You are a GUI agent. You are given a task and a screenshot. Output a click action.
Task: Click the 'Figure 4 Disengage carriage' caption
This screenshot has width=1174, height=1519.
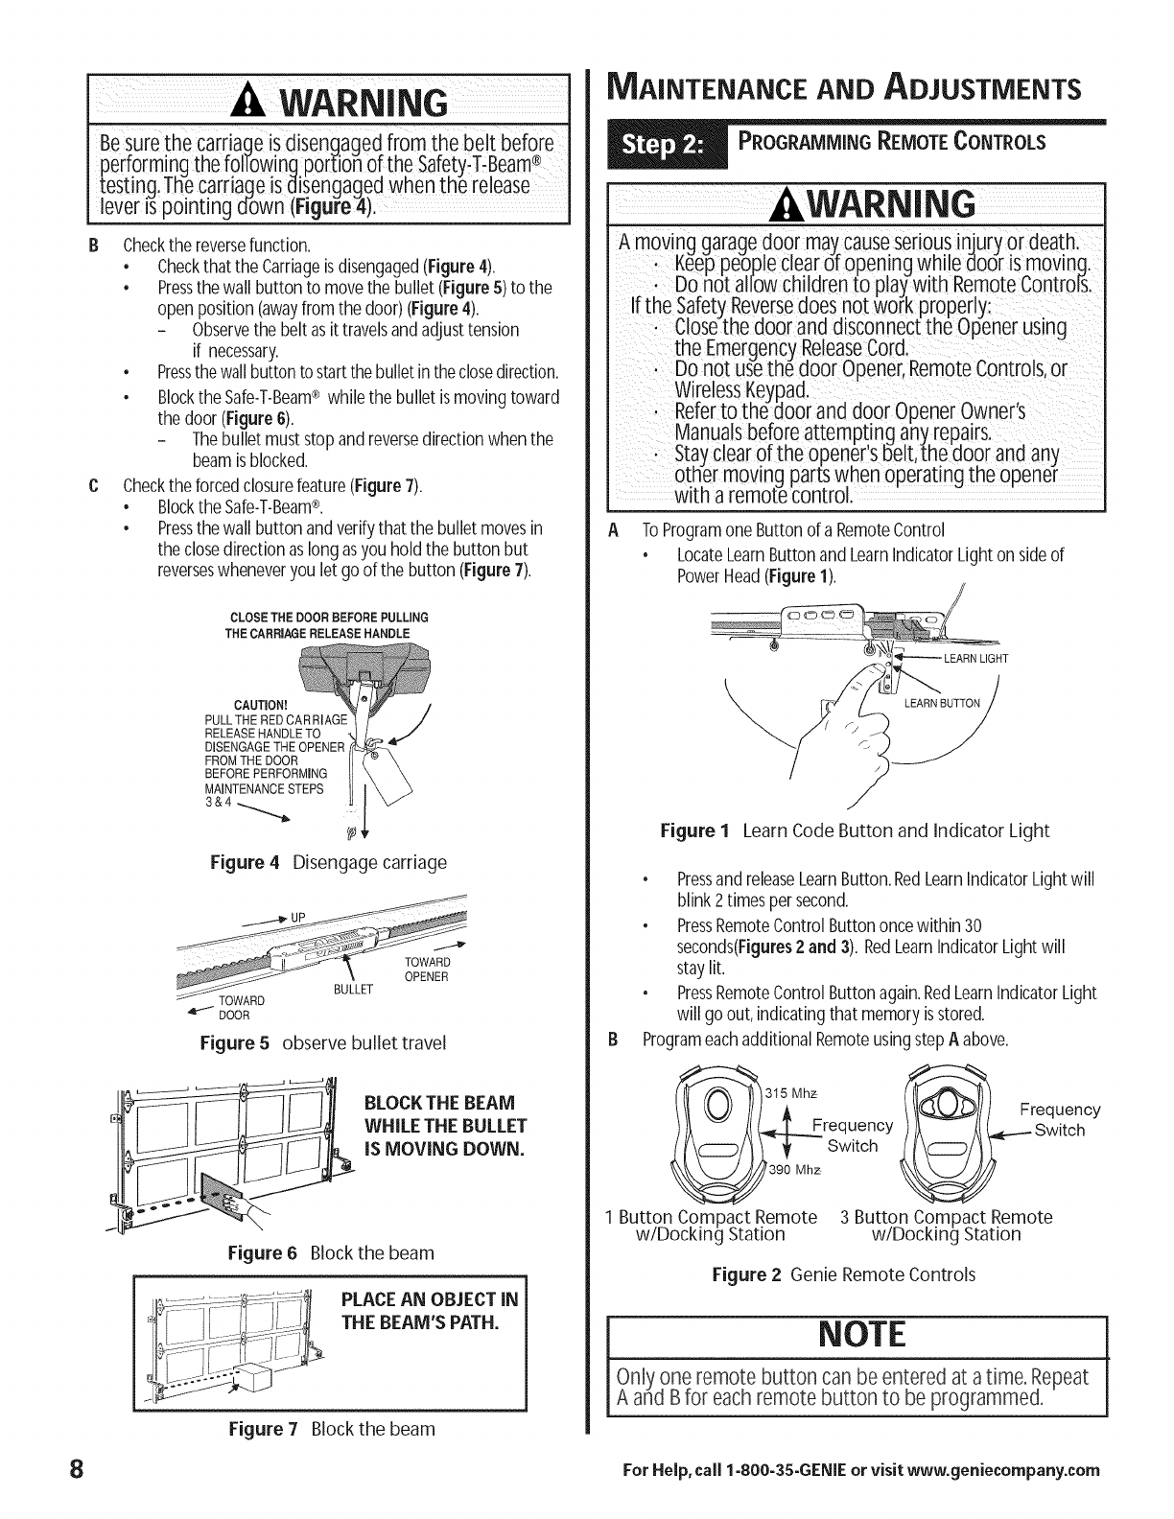point(328,862)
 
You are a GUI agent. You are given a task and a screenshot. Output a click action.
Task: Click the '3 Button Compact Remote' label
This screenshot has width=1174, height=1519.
point(946,1217)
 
